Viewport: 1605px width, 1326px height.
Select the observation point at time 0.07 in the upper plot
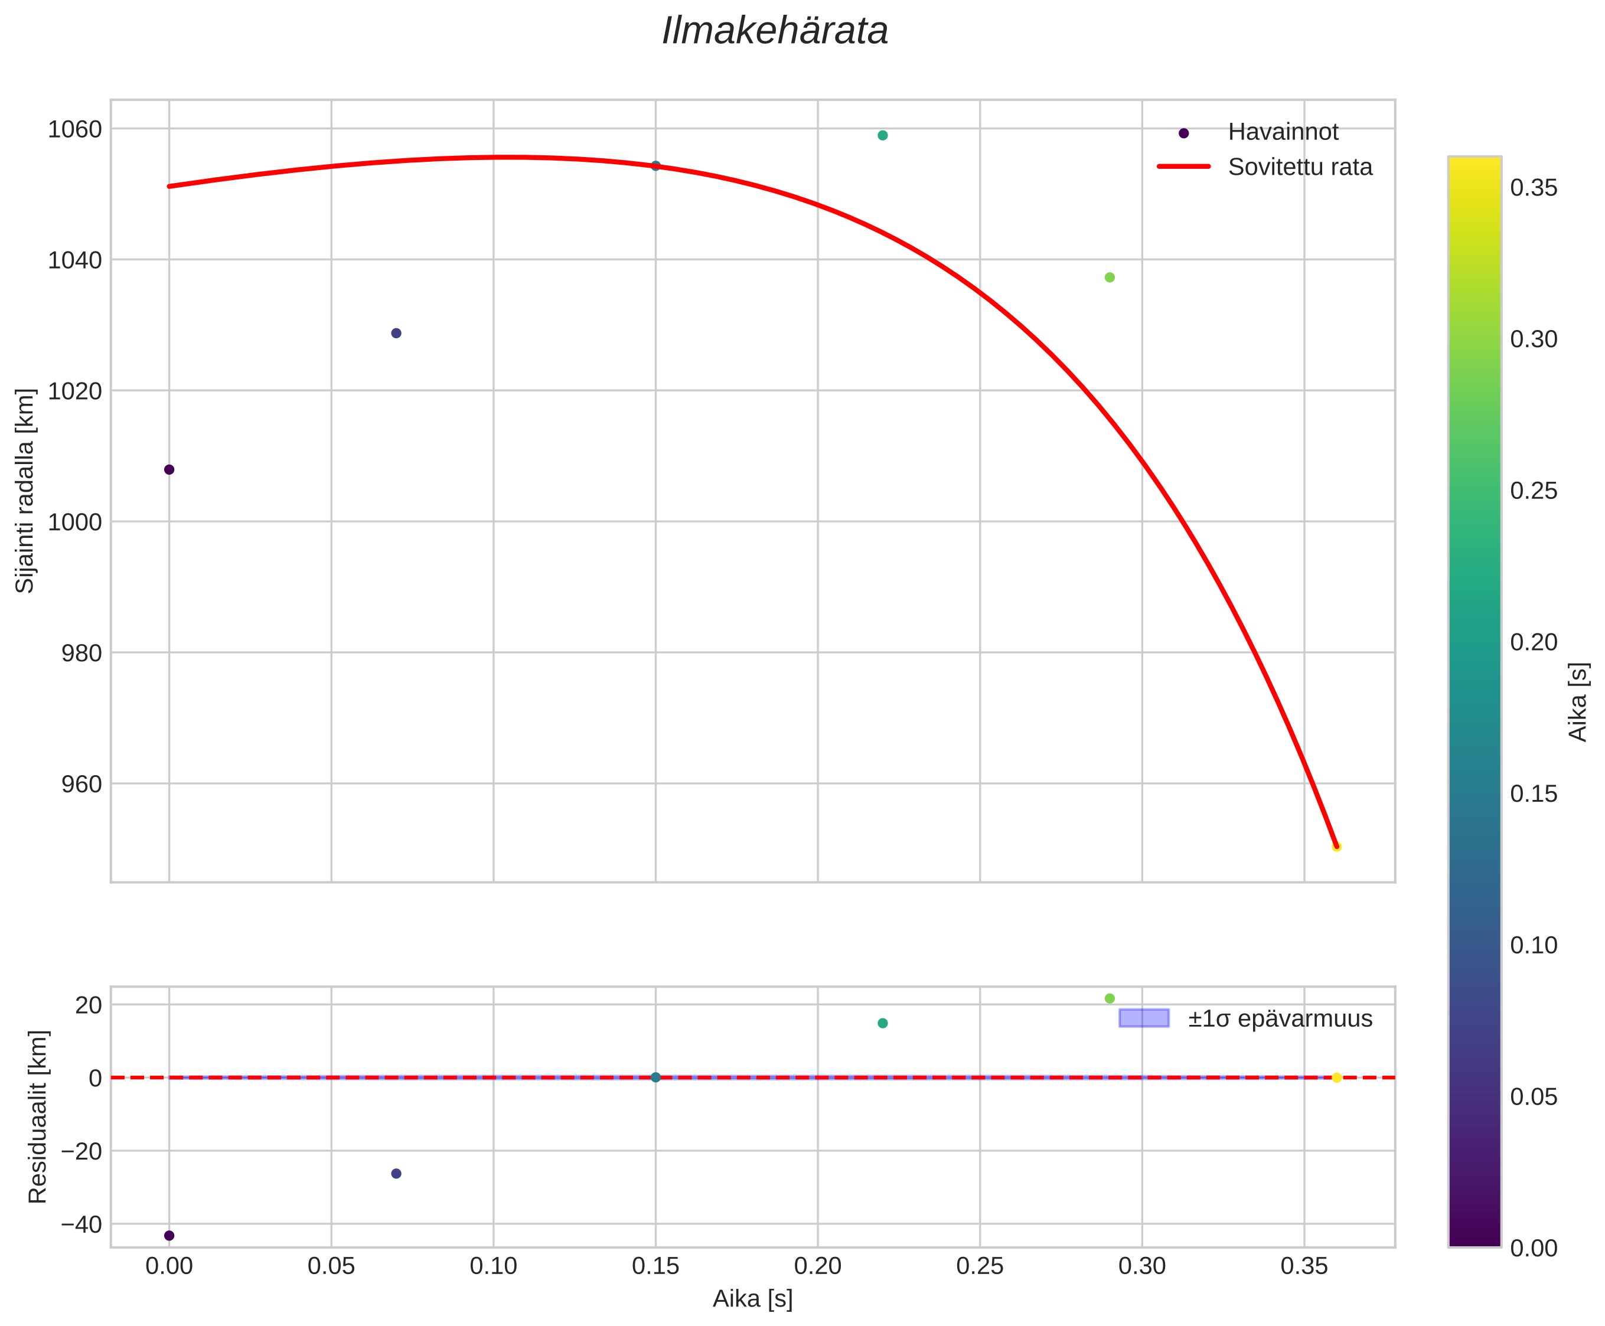[396, 333]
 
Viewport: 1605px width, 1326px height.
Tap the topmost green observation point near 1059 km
[882, 135]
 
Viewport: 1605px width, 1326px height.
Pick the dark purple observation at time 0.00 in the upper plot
[169, 469]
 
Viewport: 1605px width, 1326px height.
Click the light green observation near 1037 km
[1108, 277]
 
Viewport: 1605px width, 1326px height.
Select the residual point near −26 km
[396, 1173]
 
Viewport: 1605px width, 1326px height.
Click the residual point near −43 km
[169, 1235]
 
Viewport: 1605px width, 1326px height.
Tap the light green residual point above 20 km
[1108, 998]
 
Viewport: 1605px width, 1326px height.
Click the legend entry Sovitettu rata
[1299, 166]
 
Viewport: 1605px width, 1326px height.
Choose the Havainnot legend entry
[1282, 132]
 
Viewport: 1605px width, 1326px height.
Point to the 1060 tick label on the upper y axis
[75, 129]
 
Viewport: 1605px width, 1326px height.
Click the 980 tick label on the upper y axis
[81, 653]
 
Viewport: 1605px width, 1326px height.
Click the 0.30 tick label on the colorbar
[1533, 339]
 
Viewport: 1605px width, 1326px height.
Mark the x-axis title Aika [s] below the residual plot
[752, 1299]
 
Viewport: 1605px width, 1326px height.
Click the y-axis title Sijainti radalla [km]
[25, 491]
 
